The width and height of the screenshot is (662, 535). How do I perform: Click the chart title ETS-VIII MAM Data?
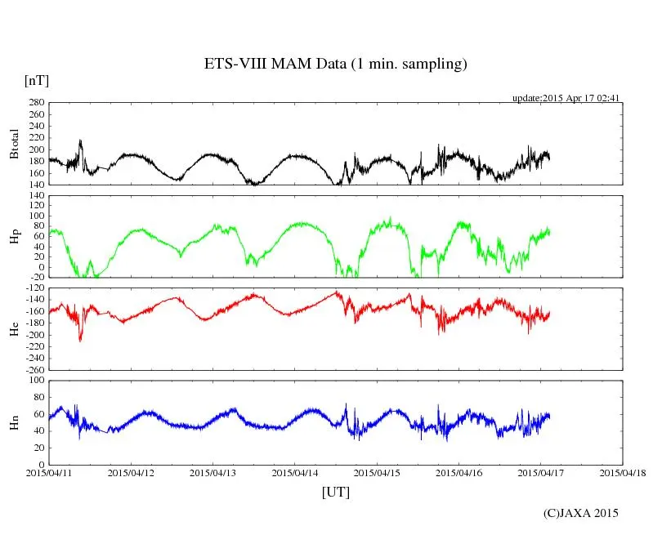[335, 64]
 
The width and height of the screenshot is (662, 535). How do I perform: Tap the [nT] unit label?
[37, 81]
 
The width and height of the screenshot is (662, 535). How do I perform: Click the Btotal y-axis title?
[14, 144]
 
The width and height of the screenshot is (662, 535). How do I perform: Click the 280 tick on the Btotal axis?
[36, 103]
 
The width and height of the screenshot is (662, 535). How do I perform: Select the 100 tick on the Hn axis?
[36, 381]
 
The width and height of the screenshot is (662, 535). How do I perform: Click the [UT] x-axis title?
[335, 492]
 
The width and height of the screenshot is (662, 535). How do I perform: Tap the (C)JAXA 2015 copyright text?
[581, 513]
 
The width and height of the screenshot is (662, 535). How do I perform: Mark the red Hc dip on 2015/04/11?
[80, 338]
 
